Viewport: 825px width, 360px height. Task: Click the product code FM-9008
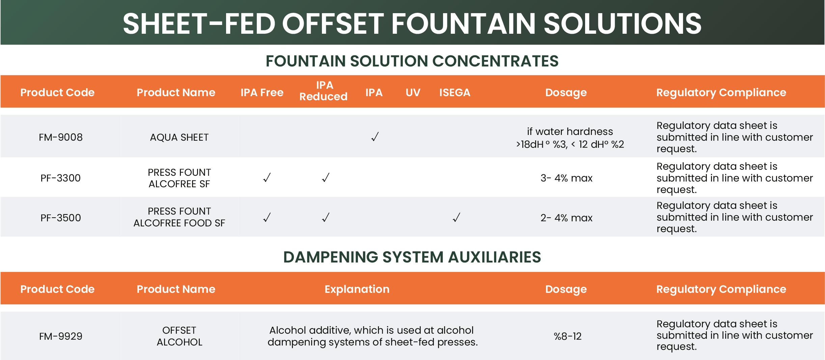pos(61,137)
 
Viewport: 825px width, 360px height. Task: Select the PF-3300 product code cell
pos(61,178)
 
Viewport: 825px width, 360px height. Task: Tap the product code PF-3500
pos(61,218)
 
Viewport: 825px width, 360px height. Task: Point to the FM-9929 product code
pos(61,336)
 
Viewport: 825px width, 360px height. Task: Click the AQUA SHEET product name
pos(179,137)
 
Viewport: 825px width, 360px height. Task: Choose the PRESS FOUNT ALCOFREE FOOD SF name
pos(179,217)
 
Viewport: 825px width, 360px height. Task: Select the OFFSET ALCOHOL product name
pos(179,336)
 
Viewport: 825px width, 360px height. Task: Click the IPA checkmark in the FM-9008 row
pos(375,137)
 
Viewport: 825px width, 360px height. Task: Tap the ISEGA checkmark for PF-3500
pos(456,217)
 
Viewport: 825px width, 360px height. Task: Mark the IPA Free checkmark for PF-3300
pos(267,177)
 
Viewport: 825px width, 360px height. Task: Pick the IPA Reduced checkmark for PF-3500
pos(326,217)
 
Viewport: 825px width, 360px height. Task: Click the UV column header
pos(413,92)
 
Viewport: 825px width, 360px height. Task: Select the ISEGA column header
pos(455,92)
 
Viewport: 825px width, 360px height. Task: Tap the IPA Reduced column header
pos(323,91)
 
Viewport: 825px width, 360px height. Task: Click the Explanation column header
pos(357,289)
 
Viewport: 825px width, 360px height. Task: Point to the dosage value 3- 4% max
pos(567,178)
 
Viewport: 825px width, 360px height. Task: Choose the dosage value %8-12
pos(568,336)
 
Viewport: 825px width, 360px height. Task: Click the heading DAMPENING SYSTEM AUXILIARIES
pos(412,257)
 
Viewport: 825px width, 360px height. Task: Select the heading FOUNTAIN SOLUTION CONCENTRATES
pos(412,61)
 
